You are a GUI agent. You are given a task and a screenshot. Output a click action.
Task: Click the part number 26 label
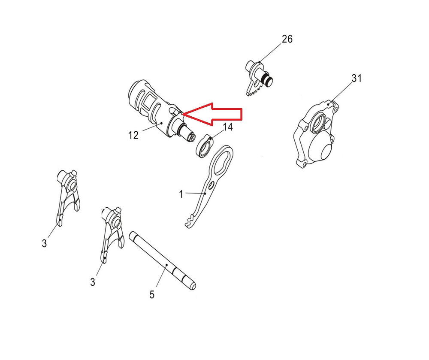point(287,39)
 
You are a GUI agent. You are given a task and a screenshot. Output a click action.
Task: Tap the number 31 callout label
point(356,79)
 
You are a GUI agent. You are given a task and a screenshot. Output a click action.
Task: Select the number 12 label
point(133,135)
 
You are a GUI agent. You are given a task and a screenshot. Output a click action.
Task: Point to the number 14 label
point(228,127)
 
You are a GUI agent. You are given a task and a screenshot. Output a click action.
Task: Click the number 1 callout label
point(181,194)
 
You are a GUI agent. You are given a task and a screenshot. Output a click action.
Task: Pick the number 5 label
point(152,295)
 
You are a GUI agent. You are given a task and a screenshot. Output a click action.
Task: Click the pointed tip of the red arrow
point(183,114)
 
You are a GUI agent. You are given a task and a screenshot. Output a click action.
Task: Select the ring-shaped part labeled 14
point(204,147)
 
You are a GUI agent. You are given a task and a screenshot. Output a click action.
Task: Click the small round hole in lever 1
point(211,186)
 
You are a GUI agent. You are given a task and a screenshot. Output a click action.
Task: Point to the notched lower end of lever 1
point(190,221)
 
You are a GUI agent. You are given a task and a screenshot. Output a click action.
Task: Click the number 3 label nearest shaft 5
point(93,282)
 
